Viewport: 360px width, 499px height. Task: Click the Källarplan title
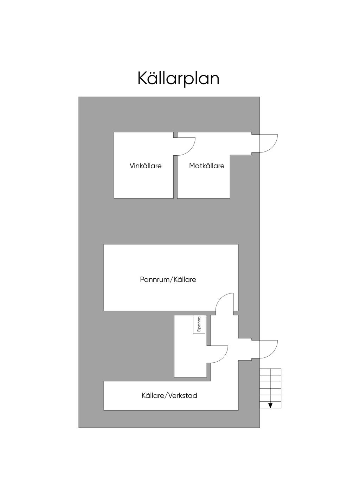[x=178, y=78]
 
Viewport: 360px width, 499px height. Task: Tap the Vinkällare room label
[x=146, y=166]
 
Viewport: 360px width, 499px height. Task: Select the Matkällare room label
[x=207, y=166]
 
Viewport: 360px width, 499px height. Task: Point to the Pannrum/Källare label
[x=168, y=280]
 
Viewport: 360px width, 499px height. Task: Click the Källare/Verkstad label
[x=169, y=396]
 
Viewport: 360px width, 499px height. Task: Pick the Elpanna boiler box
[x=199, y=324]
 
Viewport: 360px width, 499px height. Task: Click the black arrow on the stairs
[x=270, y=406]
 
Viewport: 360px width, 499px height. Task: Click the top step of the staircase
[x=270, y=372]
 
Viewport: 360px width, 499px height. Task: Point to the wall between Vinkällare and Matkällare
[x=175, y=176]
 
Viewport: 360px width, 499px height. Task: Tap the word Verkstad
[x=183, y=396]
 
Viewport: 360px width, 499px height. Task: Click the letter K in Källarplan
[x=141, y=78]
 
